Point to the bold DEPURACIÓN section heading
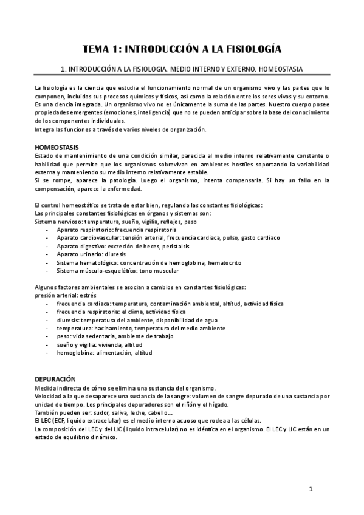(x=55, y=377)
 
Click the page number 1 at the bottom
(x=311, y=488)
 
